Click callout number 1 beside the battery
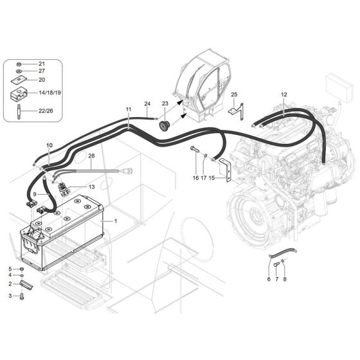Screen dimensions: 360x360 click(x=115, y=221)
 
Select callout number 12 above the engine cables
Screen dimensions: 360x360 click(x=284, y=94)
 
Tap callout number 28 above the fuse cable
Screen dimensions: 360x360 click(x=91, y=156)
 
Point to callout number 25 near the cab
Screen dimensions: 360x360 click(x=234, y=94)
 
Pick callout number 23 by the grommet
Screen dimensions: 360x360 click(x=164, y=104)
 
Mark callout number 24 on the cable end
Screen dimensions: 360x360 click(x=147, y=104)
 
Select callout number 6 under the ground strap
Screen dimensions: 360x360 click(x=268, y=278)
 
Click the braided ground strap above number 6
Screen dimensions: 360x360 click(x=280, y=254)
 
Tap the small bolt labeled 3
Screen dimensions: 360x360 click(x=21, y=296)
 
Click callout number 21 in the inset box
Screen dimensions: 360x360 click(x=42, y=64)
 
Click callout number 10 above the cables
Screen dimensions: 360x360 click(x=50, y=146)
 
